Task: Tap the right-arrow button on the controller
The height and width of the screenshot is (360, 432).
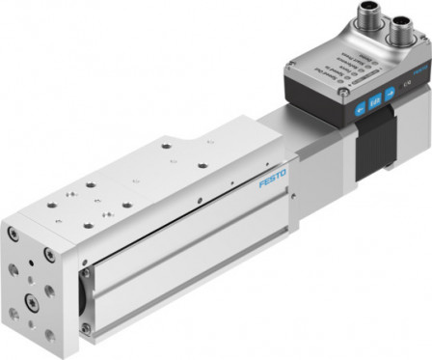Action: (x=391, y=93)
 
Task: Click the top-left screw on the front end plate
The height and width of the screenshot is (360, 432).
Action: (x=13, y=235)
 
